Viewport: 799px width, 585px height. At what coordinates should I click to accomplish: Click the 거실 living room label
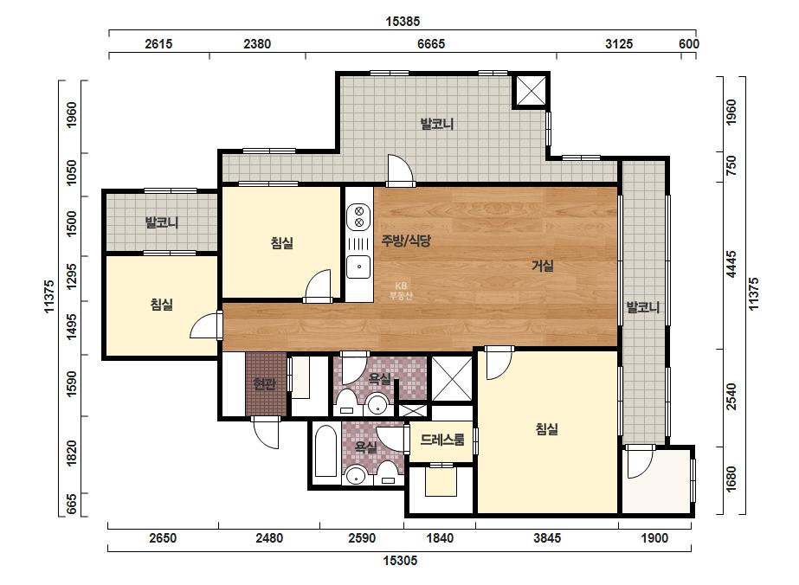(x=542, y=266)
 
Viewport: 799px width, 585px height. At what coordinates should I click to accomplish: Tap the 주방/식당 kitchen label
(x=406, y=241)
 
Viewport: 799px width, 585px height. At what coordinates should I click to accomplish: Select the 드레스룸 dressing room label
(x=442, y=440)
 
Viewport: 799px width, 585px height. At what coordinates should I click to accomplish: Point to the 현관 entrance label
(x=264, y=383)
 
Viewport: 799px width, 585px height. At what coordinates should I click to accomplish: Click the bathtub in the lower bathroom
(x=325, y=452)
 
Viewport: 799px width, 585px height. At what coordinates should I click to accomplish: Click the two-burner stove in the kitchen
(x=358, y=216)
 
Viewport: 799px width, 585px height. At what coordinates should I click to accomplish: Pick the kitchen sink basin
(x=358, y=267)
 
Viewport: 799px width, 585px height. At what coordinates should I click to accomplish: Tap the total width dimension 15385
(x=403, y=22)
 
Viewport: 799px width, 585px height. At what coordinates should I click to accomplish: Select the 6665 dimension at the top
(x=431, y=44)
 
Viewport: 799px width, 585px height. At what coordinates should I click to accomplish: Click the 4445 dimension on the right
(x=731, y=265)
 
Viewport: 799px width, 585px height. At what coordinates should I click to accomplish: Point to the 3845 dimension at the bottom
(x=547, y=538)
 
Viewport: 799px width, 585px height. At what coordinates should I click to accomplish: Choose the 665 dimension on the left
(x=71, y=504)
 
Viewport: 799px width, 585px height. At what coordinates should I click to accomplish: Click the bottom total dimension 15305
(x=400, y=561)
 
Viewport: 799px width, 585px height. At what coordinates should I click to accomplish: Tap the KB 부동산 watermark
(x=401, y=291)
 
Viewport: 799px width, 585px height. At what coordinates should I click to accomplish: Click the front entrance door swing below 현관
(x=266, y=434)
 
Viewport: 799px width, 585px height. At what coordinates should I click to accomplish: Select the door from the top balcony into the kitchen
(x=400, y=170)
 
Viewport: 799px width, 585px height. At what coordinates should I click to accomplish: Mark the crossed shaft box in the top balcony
(x=531, y=91)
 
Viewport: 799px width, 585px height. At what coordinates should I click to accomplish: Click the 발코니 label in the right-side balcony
(x=643, y=307)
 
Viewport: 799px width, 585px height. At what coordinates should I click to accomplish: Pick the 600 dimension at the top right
(x=688, y=44)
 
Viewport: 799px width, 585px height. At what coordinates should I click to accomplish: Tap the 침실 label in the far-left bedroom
(x=162, y=305)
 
